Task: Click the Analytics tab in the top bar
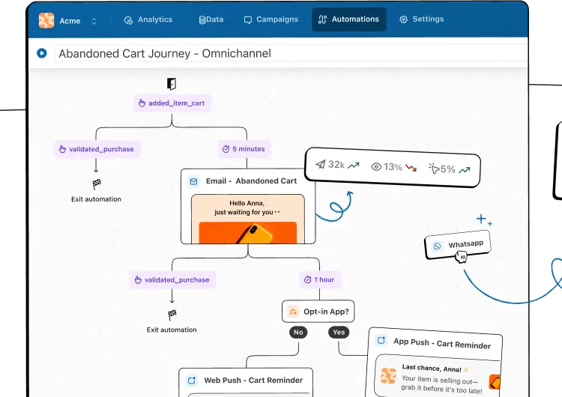[x=148, y=19]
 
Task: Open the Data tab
[x=211, y=19]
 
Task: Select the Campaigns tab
[x=271, y=19]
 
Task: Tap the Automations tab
[x=348, y=19]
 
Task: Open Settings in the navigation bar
[x=421, y=19]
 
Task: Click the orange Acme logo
[x=46, y=20]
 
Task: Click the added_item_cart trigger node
[x=172, y=103]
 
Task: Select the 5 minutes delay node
[x=244, y=149]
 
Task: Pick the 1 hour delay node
[x=320, y=279]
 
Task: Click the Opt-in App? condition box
[x=318, y=312]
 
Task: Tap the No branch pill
[x=298, y=332]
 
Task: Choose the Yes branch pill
[x=339, y=332]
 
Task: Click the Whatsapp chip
[x=458, y=245]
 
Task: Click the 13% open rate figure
[x=393, y=167]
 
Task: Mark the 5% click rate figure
[x=449, y=169]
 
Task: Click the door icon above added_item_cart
[x=172, y=83]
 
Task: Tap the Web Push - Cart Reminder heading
[x=253, y=381]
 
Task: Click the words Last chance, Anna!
[x=432, y=368]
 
